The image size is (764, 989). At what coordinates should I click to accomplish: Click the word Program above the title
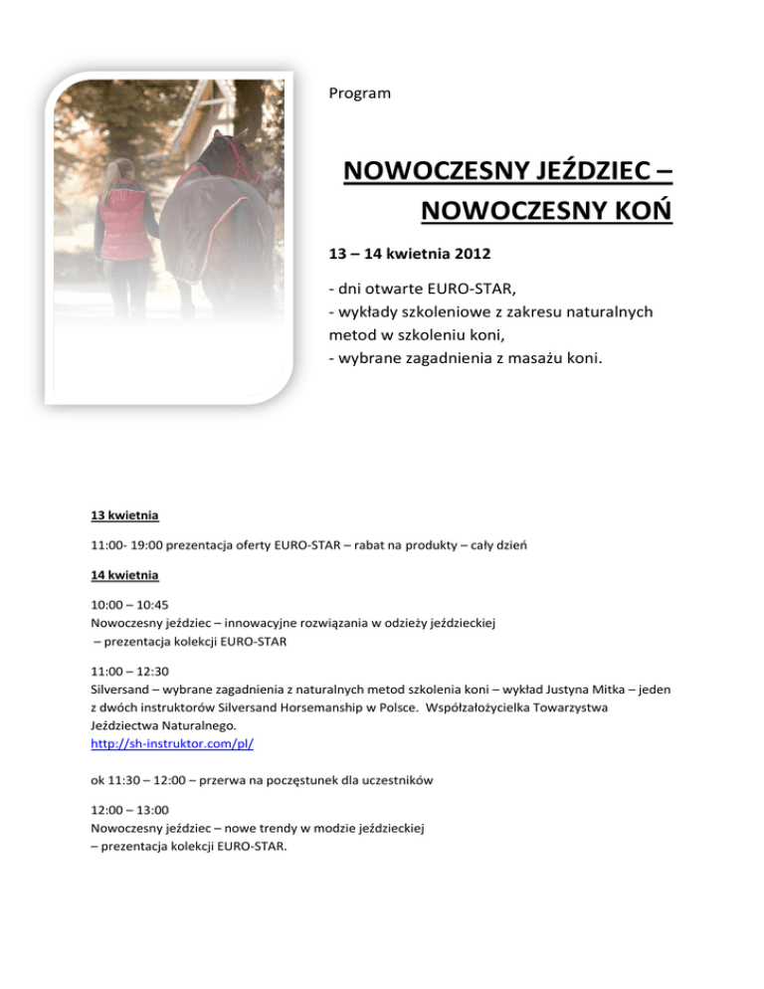[x=359, y=94]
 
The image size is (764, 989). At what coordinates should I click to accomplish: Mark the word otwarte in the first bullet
[x=401, y=290]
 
